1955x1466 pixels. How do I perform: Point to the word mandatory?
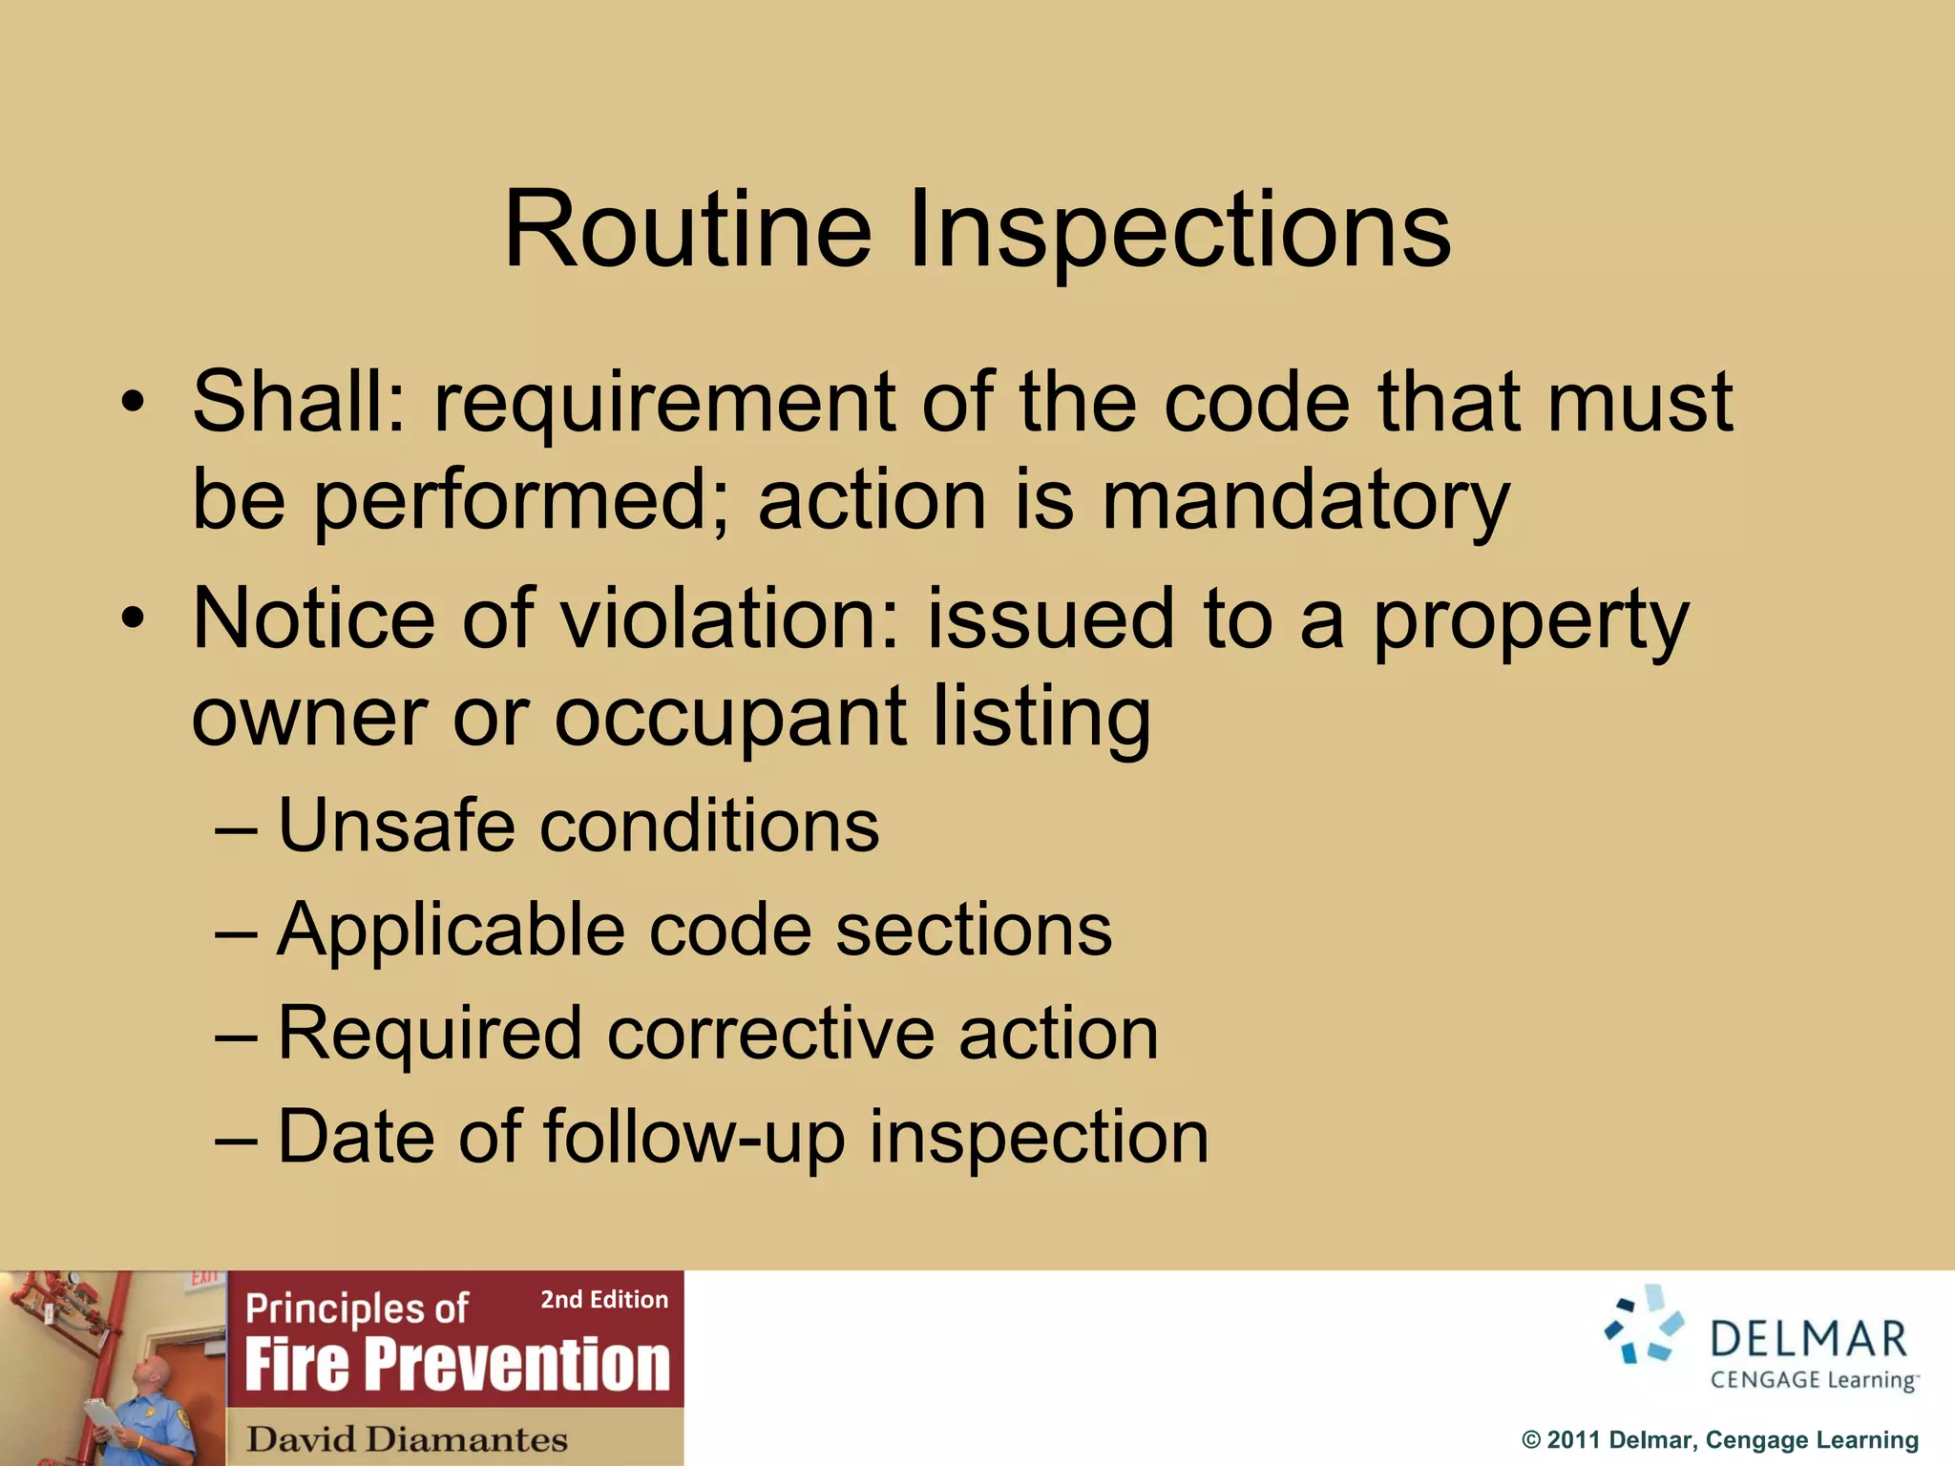pyautogui.click(x=1306, y=501)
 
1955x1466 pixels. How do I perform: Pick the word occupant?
pyautogui.click(x=730, y=718)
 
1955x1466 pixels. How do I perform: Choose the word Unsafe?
pyautogui.click(x=396, y=826)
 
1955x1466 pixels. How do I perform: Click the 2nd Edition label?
pyautogui.click(x=604, y=1300)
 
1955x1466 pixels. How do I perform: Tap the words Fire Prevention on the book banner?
pyautogui.click(x=457, y=1365)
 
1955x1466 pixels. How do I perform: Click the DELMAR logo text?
pyautogui.click(x=1807, y=1339)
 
